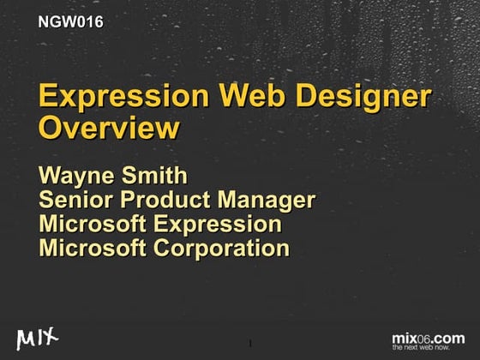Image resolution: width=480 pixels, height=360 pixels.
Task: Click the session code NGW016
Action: tap(71, 22)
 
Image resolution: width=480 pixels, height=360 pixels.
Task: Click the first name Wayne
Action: tap(79, 178)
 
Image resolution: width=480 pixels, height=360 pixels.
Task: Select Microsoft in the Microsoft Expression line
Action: tap(92, 225)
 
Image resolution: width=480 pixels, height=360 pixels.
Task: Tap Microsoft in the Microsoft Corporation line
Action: tap(92, 249)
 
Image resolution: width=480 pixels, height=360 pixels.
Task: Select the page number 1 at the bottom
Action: tap(249, 344)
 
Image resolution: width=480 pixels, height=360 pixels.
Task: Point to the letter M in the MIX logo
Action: tap(26, 337)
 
